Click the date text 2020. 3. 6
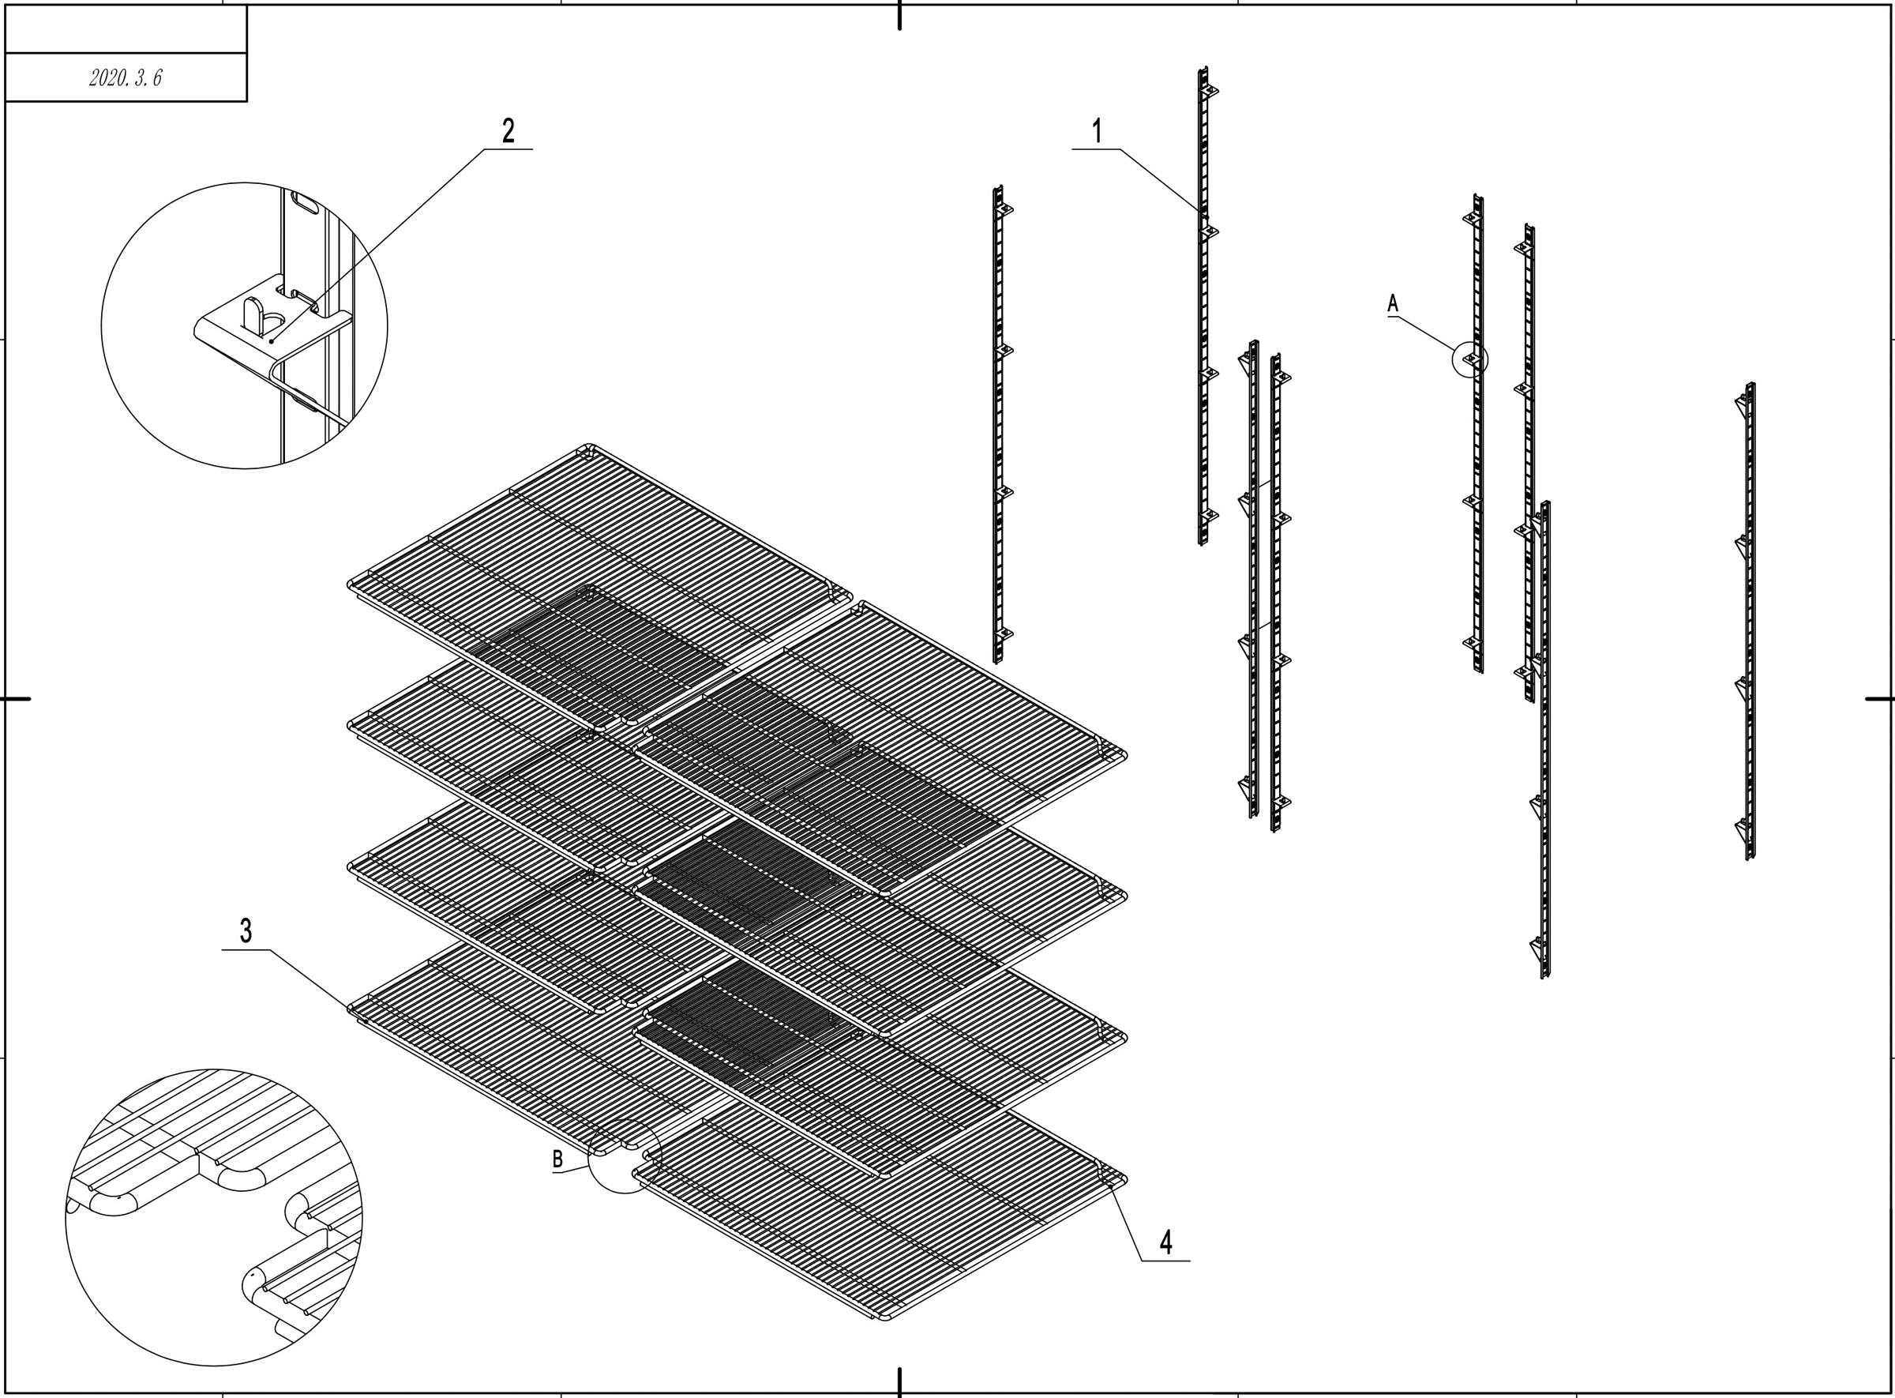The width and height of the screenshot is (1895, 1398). pyautogui.click(x=126, y=78)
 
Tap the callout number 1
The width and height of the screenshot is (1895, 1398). pyautogui.click(x=1097, y=131)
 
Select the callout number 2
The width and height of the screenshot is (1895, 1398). pyautogui.click(x=508, y=131)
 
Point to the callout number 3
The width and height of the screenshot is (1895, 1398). pyautogui.click(x=246, y=931)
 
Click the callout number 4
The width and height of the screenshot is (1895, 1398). pyautogui.click(x=1165, y=1242)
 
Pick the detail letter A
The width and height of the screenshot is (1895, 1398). pyautogui.click(x=1394, y=303)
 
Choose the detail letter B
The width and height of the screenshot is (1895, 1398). pyautogui.click(x=557, y=1159)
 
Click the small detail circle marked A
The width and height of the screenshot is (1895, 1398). pyautogui.click(x=1470, y=359)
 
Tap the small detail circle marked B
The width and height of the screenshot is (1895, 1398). pyautogui.click(x=625, y=1156)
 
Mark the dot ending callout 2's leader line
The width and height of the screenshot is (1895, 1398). pyautogui.click(x=272, y=341)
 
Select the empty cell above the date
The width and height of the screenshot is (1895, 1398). pyautogui.click(x=126, y=28)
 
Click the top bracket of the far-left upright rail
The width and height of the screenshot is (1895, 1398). pyautogui.click(x=1004, y=209)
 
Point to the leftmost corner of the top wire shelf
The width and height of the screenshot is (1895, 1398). pyautogui.click(x=348, y=584)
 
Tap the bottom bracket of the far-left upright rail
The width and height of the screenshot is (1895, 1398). pyautogui.click(x=1004, y=633)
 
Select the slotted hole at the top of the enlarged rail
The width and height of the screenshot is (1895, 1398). pyautogui.click(x=305, y=203)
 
